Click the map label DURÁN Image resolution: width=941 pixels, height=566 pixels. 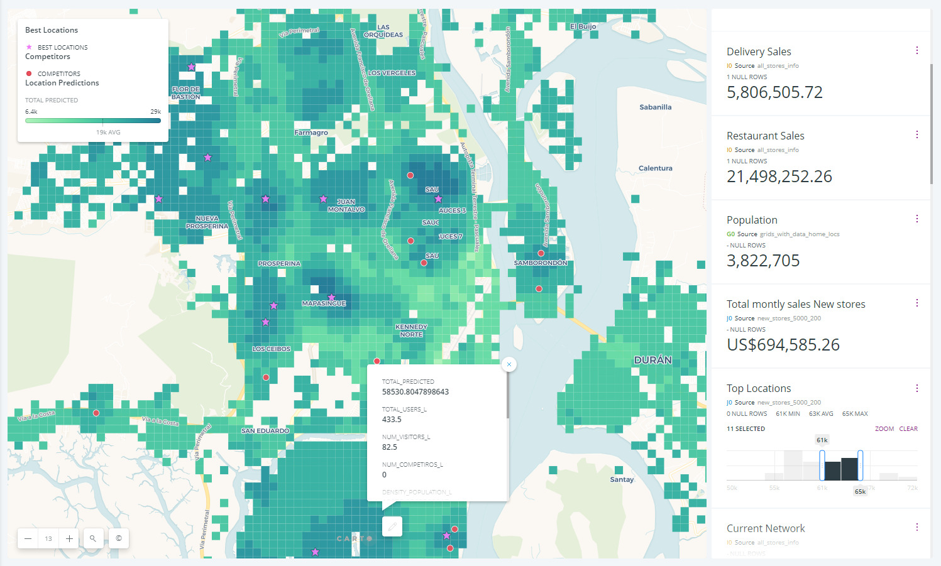652,360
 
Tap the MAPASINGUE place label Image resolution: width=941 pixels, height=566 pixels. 324,303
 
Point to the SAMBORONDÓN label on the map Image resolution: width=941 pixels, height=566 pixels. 541,263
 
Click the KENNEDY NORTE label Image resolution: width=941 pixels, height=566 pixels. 411,330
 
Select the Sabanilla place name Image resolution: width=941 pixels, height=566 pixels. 655,107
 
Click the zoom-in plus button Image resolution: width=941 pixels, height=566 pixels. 69,538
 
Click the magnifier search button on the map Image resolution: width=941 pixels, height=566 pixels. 93,538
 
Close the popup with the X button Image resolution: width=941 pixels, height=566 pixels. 509,364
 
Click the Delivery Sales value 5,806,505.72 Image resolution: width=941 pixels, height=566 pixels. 774,92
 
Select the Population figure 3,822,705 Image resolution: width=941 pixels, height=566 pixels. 763,261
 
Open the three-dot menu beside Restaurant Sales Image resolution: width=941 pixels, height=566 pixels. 916,134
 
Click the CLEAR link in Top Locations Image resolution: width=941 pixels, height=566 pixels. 908,429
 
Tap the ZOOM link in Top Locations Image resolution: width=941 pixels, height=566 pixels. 884,429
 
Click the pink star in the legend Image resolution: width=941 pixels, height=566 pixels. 29,47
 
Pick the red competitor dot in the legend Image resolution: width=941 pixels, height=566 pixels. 29,73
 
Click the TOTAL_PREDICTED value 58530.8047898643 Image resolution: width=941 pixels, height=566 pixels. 415,392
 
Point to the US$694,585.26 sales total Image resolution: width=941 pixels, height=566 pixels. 783,345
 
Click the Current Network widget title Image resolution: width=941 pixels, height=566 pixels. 766,528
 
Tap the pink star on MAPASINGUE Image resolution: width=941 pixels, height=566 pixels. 331,297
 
